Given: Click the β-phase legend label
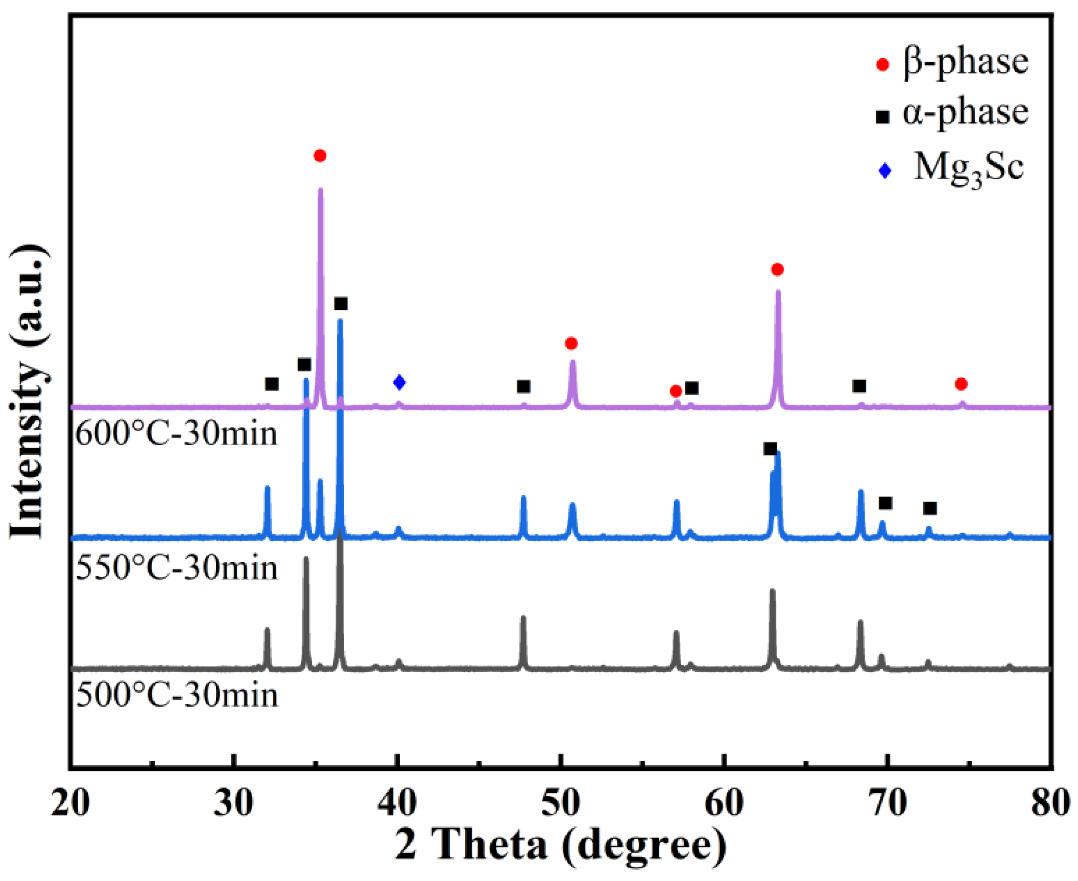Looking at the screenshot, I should coord(965,62).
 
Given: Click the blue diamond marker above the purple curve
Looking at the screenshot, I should coord(399,382).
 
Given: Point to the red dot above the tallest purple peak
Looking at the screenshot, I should coord(320,156).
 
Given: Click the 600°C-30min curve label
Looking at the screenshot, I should coord(177,435).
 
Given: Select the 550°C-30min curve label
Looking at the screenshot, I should coord(177,568).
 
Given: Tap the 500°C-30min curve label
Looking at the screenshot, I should coord(177,695).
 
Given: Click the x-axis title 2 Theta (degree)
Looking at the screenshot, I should coord(560,845).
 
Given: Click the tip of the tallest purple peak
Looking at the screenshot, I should coord(321,190).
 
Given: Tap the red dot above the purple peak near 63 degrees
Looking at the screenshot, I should coord(777,270).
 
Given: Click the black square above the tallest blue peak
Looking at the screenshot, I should coord(341,304).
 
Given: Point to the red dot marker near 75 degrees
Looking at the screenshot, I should coord(961,384).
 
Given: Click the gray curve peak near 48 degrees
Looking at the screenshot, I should coord(523,618).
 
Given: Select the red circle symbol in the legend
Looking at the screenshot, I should coord(882,65).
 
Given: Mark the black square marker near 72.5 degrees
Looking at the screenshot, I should coord(930,508).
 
